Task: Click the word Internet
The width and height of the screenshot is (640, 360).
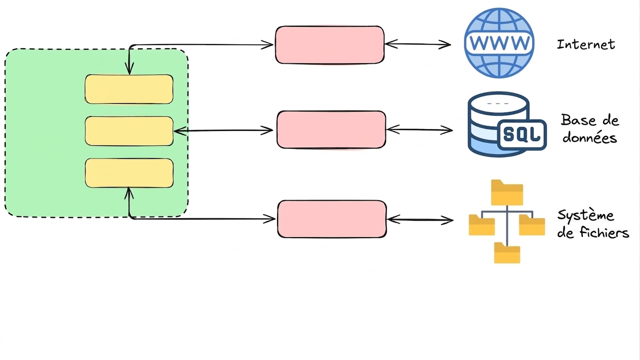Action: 586,45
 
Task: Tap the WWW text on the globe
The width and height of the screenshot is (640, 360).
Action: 499,43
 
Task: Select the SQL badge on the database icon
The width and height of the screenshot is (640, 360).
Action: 522,135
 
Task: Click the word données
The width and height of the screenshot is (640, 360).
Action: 589,138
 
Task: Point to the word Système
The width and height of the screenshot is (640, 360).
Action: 586,216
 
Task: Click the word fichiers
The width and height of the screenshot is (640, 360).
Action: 604,232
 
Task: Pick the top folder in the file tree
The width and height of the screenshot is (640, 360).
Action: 507,192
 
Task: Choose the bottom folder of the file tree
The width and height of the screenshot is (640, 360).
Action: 507,253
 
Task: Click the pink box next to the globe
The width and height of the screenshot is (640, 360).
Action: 330,45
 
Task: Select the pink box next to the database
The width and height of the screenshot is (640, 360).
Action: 331,130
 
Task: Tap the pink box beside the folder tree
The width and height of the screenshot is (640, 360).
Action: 331,219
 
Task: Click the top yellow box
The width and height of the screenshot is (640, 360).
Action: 129,89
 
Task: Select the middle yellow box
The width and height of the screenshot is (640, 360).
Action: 129,131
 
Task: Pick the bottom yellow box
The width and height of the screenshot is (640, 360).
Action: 129,173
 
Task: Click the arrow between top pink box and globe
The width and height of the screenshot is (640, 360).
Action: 418,44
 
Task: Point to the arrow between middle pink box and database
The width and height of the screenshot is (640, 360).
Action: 420,130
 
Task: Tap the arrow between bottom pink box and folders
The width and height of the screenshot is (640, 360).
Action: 420,220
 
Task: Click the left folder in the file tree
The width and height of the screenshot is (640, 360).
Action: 482,225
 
